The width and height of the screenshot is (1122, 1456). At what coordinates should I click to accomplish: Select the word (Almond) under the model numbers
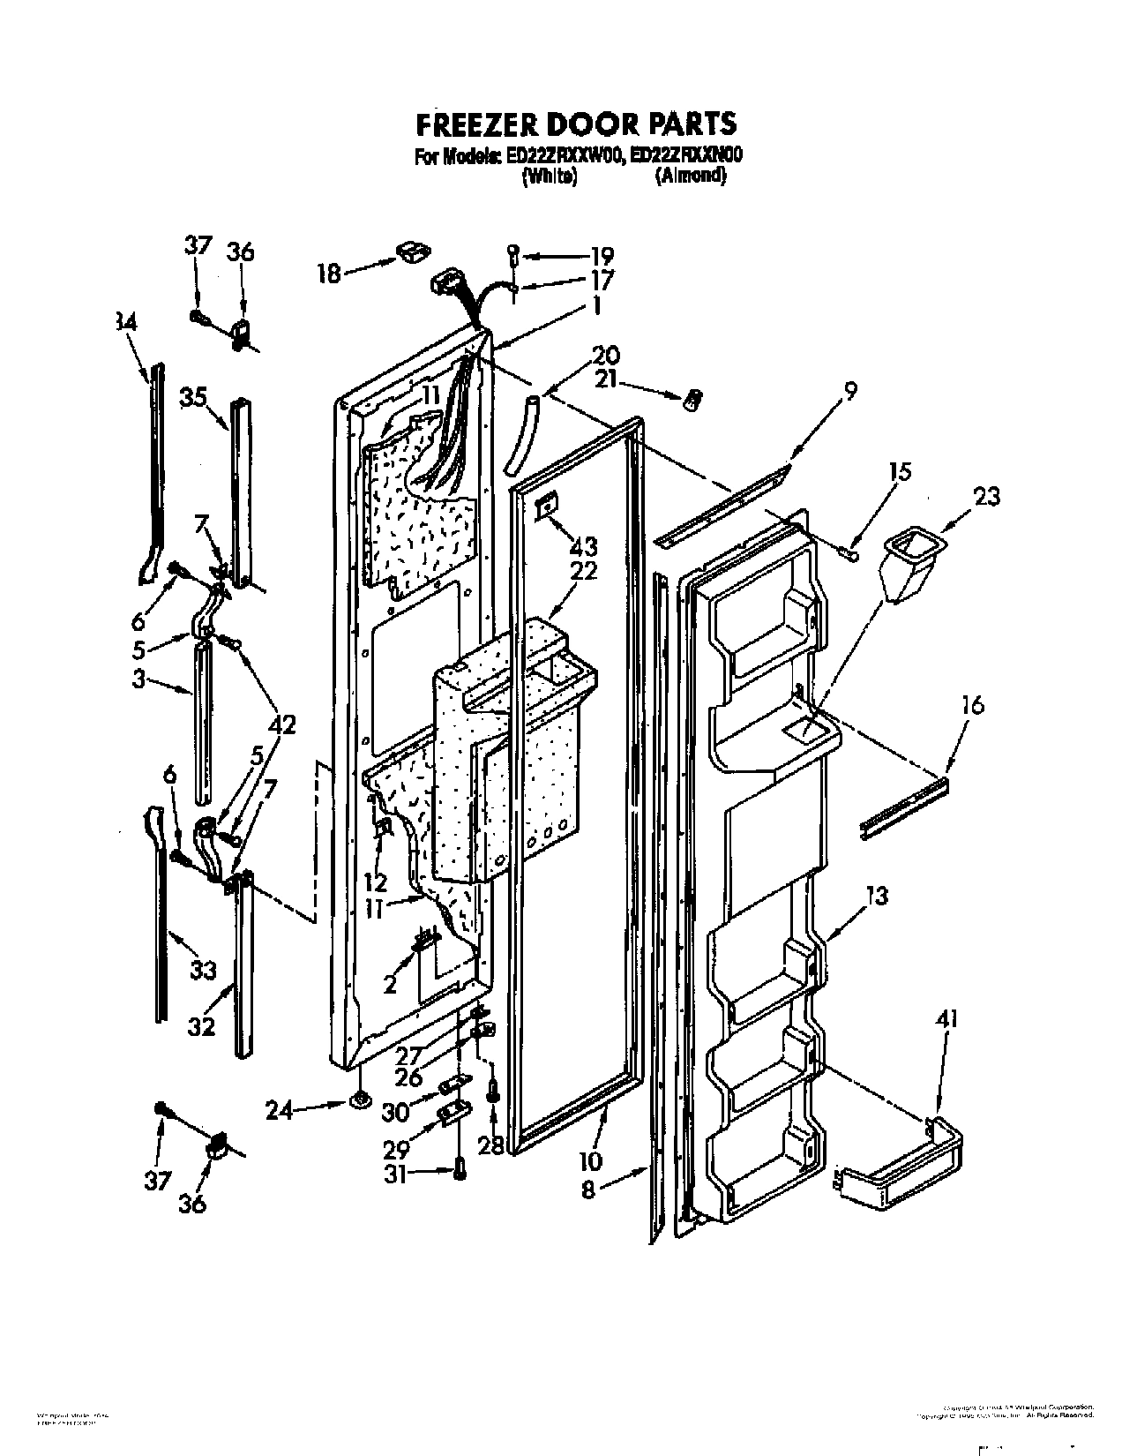691,176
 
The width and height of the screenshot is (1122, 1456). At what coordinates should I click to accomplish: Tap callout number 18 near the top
329,274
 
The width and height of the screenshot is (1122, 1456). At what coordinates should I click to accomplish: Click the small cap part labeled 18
409,253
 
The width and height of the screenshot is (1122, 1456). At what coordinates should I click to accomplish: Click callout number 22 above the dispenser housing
583,570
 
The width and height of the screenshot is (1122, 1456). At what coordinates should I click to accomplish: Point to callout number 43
583,545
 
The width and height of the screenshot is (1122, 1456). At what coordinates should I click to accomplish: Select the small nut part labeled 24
360,1100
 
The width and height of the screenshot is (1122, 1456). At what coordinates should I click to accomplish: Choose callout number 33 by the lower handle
202,970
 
